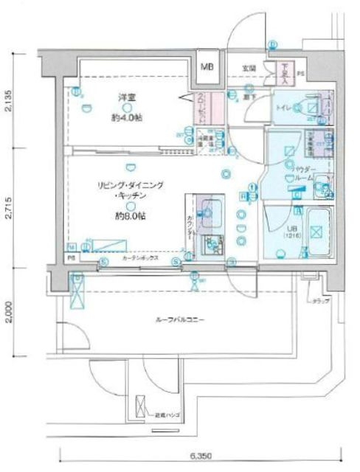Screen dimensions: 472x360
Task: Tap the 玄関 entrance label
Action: coord(249,69)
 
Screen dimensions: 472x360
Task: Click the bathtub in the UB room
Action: coord(318,232)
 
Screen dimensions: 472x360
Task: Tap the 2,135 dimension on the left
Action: coord(7,100)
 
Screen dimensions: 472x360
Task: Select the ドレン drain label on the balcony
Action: coord(321,302)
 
